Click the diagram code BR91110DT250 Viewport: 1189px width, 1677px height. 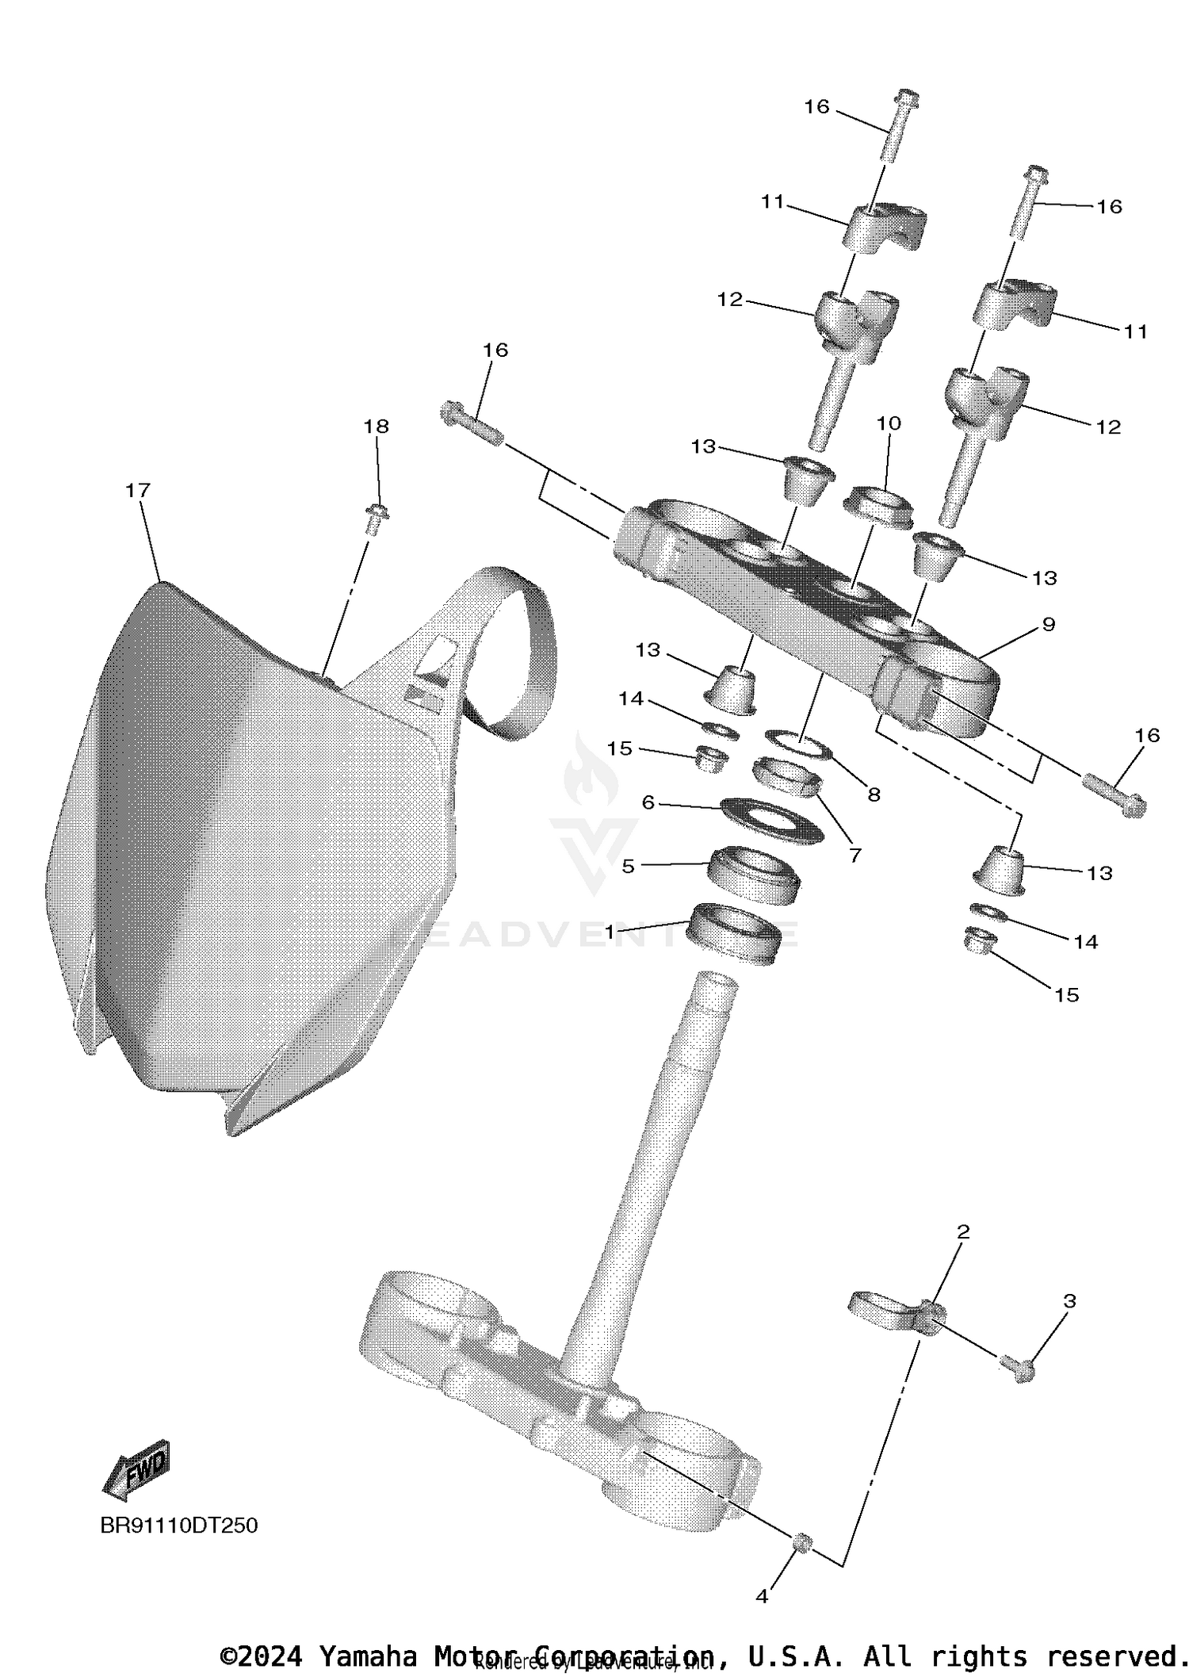point(179,1526)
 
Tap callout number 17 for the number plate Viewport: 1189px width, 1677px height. point(138,491)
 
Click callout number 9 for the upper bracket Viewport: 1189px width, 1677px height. point(1048,624)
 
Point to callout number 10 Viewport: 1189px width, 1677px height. point(889,423)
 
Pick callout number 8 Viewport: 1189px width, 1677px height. point(874,794)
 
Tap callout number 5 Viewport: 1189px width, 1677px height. point(628,866)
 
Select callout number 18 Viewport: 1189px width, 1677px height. point(376,427)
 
